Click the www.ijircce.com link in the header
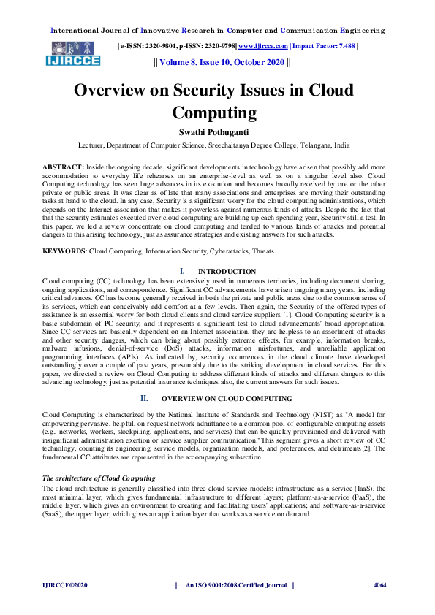[x=270, y=45]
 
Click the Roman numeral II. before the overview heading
[x=145, y=398]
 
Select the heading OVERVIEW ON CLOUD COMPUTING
[x=227, y=398]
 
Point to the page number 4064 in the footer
[x=379, y=585]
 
